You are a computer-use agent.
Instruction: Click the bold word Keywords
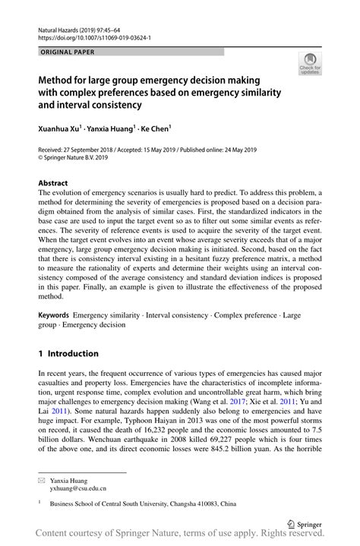[55, 314]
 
